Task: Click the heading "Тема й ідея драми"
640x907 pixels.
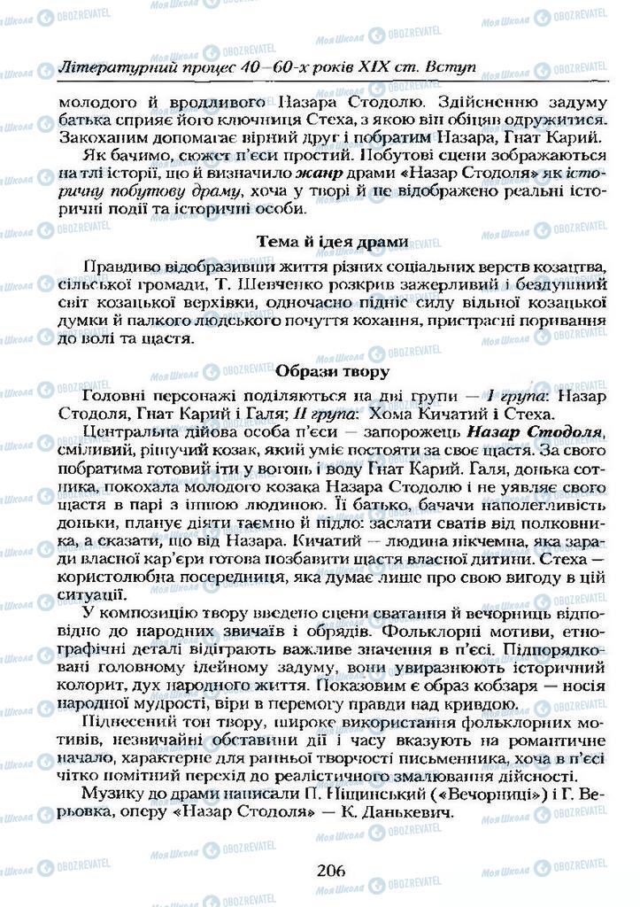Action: pyautogui.click(x=332, y=241)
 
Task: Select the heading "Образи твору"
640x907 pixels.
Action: pyautogui.click(x=332, y=371)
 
